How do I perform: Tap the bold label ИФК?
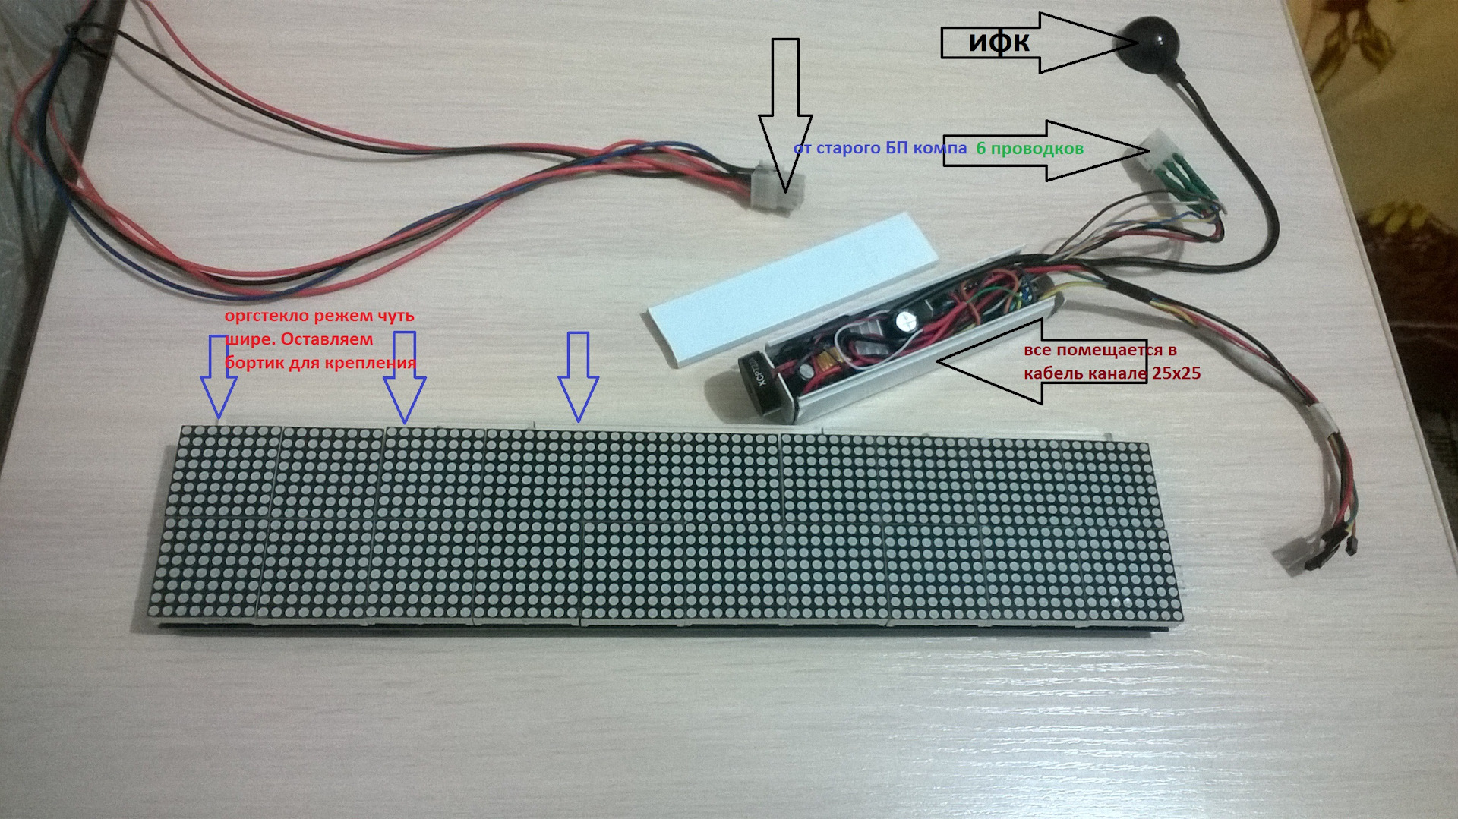pyautogui.click(x=999, y=43)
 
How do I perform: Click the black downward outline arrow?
pyautogui.click(x=785, y=114)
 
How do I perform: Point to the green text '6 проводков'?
pyautogui.click(x=1029, y=149)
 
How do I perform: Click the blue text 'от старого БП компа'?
pyautogui.click(x=879, y=148)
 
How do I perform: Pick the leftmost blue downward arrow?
pyautogui.click(x=219, y=376)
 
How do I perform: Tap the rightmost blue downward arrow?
pyautogui.click(x=579, y=376)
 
